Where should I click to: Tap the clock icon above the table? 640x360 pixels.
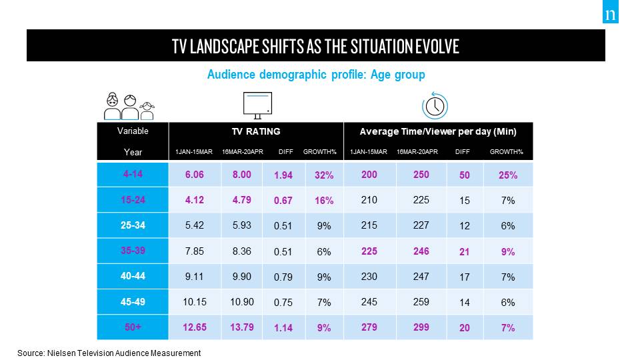pyautogui.click(x=435, y=106)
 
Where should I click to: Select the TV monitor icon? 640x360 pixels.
pyautogui.click(x=257, y=105)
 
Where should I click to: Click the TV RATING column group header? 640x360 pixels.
pyautogui.click(x=256, y=131)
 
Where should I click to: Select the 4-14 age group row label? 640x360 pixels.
pyautogui.click(x=133, y=175)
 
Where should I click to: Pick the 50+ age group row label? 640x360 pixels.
pyautogui.click(x=133, y=327)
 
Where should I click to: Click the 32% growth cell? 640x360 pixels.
pyautogui.click(x=324, y=175)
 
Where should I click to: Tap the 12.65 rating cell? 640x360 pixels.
pyautogui.click(x=195, y=327)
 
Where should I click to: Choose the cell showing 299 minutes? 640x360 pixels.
pyautogui.click(x=421, y=327)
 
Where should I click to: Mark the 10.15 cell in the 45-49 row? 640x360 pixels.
pyautogui.click(x=195, y=302)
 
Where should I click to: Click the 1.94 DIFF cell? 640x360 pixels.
pyautogui.click(x=283, y=175)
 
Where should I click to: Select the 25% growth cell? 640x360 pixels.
pyautogui.click(x=508, y=175)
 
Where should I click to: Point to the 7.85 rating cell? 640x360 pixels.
pyautogui.click(x=195, y=251)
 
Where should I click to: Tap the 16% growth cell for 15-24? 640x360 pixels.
pyautogui.click(x=324, y=201)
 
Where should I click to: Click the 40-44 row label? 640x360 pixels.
pyautogui.click(x=133, y=277)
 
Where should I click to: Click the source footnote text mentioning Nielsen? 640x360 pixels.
pyautogui.click(x=109, y=353)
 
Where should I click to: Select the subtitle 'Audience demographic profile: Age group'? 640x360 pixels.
pyautogui.click(x=316, y=75)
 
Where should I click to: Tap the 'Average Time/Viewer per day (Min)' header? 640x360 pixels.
pyautogui.click(x=437, y=131)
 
